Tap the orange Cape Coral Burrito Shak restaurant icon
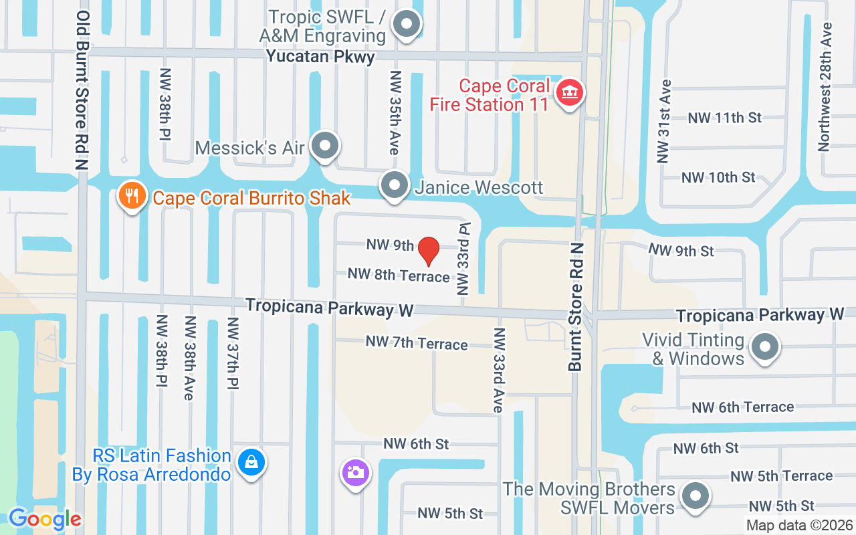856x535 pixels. click(132, 196)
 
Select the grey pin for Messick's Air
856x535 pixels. click(326, 144)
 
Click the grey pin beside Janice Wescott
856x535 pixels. click(394, 185)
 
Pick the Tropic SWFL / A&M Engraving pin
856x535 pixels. click(405, 25)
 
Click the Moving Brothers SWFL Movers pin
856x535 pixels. click(695, 496)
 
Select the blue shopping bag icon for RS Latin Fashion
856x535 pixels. click(251, 462)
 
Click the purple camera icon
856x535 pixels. click(356, 472)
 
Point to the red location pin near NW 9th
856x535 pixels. click(428, 251)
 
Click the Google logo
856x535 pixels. click(45, 519)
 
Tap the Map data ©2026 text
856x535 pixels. click(799, 525)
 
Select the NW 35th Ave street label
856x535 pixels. click(395, 112)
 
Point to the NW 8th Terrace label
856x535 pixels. click(399, 275)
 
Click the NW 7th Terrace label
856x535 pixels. click(416, 343)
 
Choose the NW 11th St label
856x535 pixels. click(725, 118)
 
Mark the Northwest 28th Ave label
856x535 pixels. click(826, 87)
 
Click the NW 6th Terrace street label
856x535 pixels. click(742, 407)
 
